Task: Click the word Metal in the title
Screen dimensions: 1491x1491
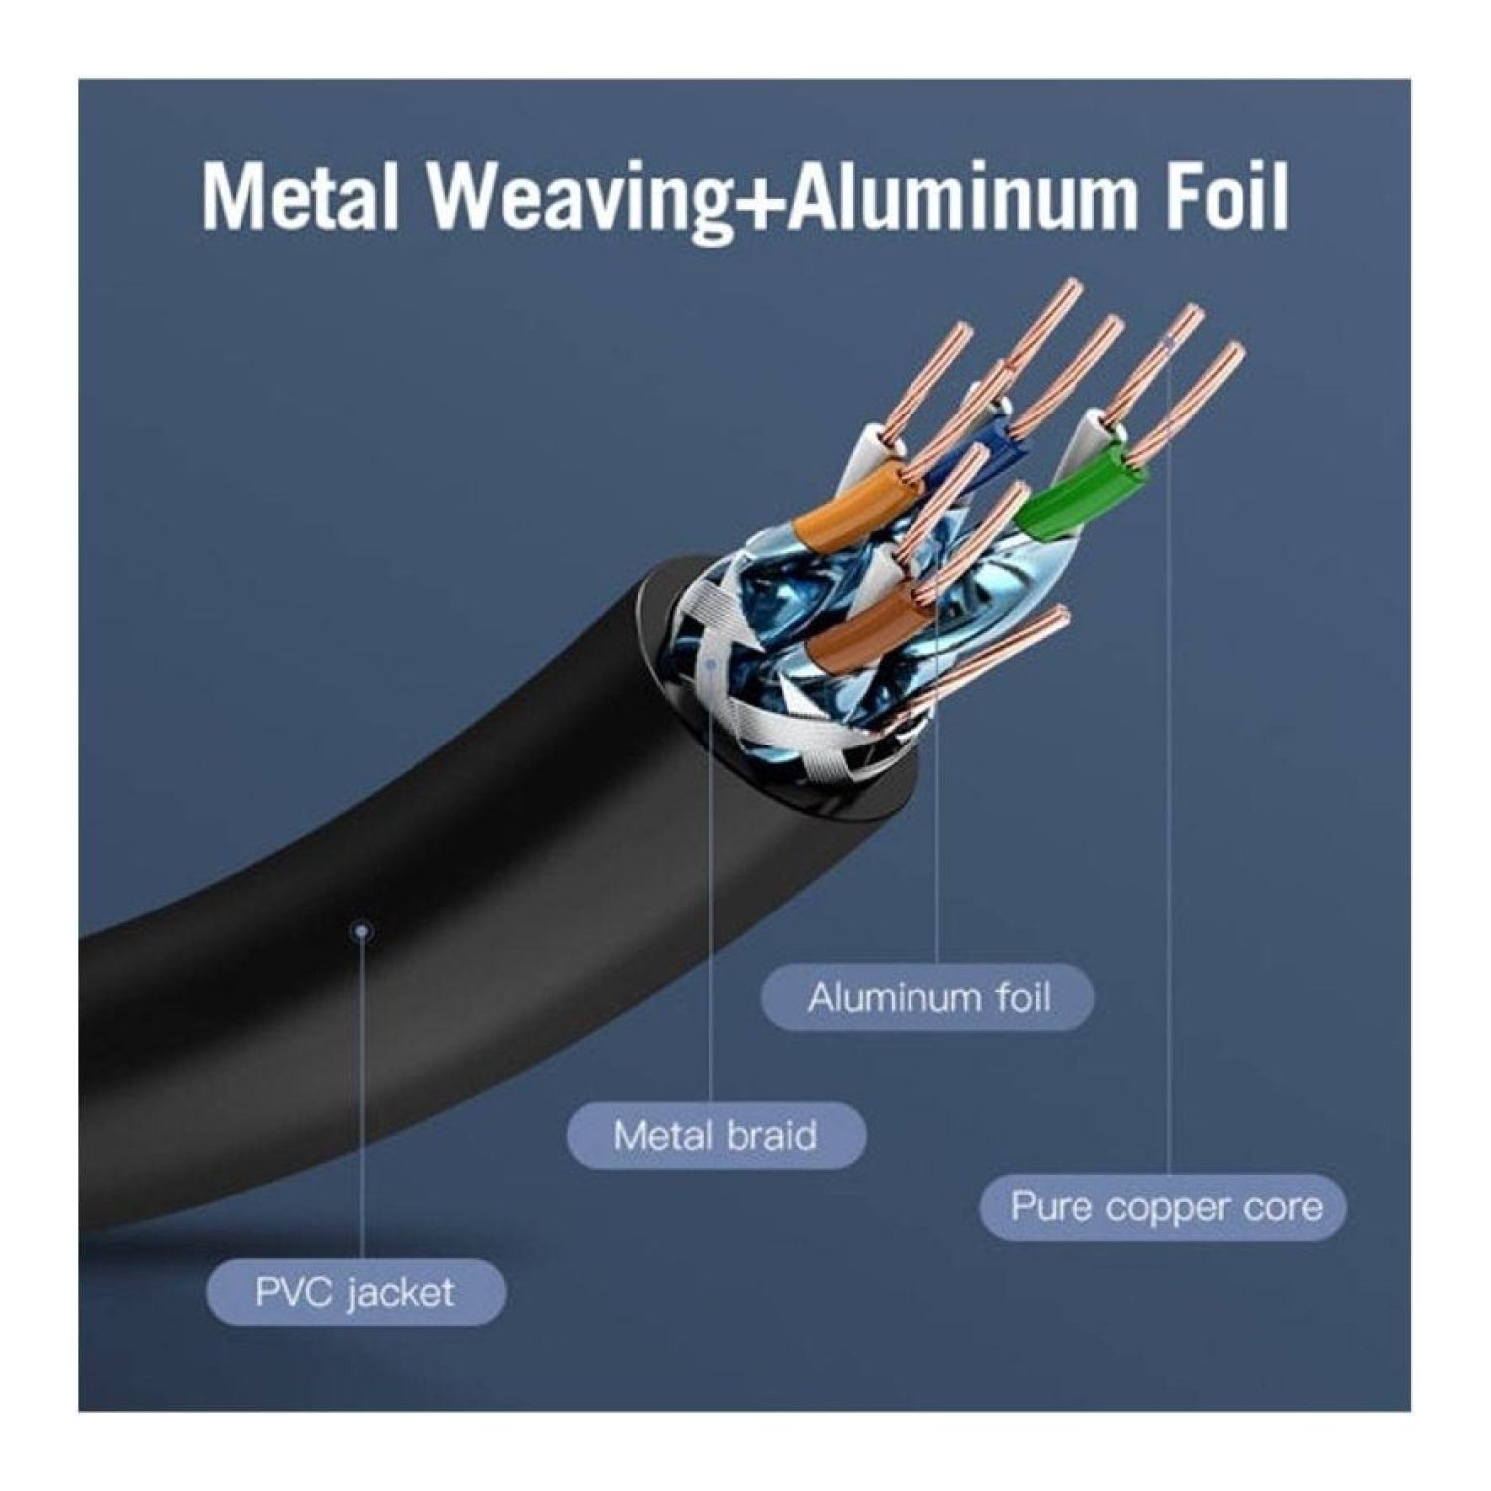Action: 299,197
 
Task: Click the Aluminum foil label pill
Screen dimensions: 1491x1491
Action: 927,997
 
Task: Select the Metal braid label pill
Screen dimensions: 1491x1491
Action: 716,1135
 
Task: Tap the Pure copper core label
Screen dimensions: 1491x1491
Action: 1164,1207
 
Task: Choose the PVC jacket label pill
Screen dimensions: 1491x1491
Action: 355,1292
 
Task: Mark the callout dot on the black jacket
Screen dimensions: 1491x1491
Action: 362,931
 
